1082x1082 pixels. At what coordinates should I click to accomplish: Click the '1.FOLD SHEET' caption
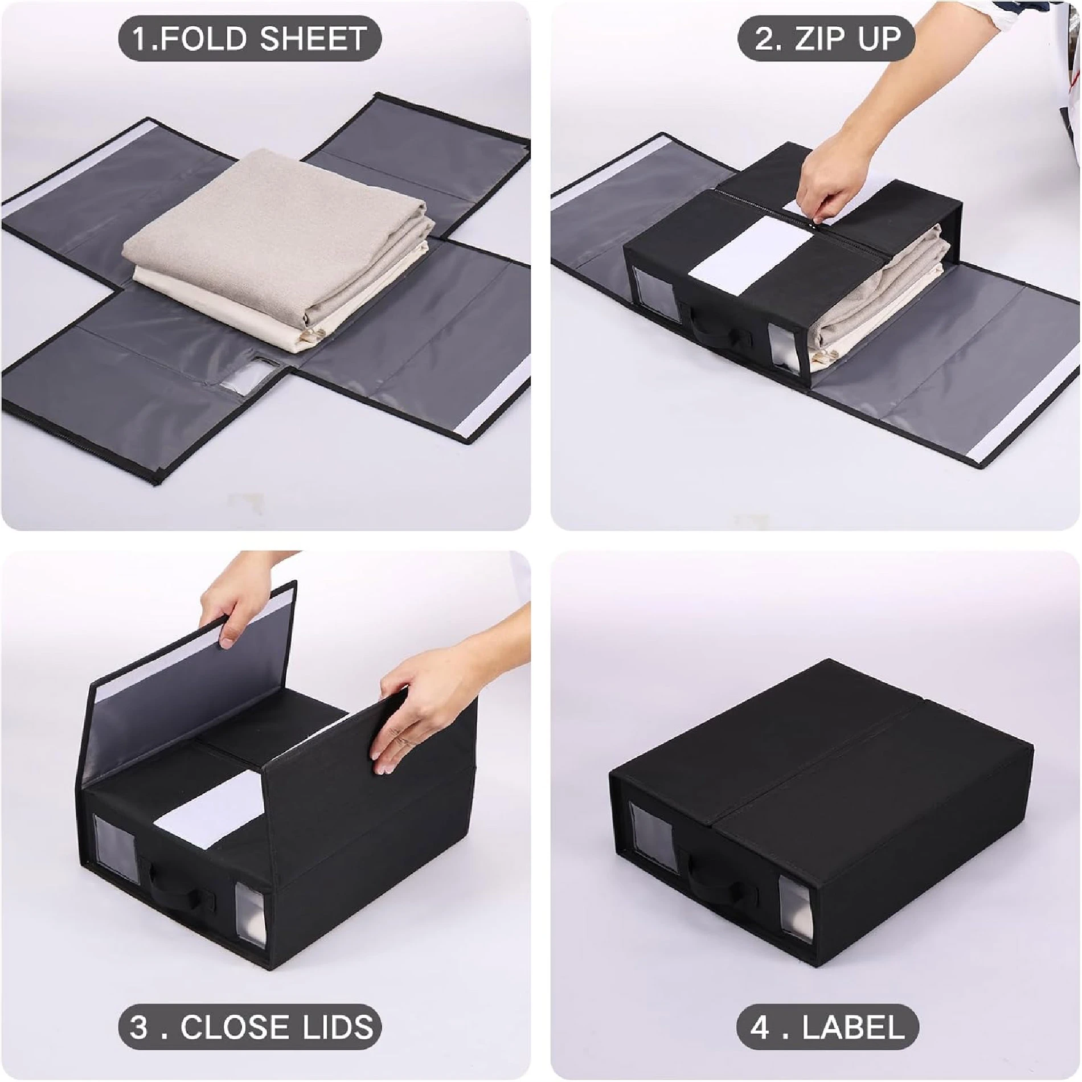tap(249, 39)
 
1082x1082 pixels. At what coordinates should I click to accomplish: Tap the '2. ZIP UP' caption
tap(827, 39)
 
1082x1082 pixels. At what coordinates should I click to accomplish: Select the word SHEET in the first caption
tap(313, 39)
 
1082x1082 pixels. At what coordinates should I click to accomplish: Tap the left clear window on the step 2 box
tap(649, 288)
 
